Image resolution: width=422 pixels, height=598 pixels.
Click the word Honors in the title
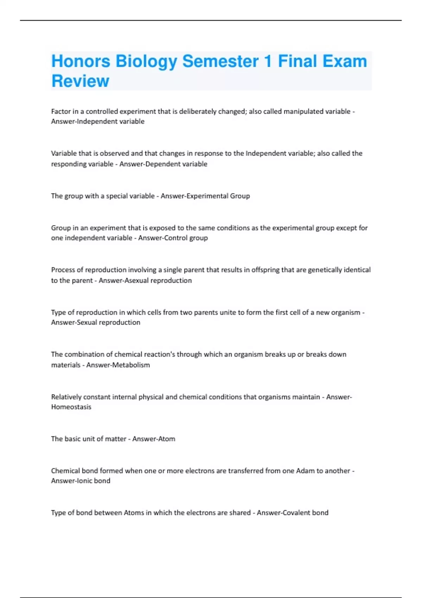click(81, 61)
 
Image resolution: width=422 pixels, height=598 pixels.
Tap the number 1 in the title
click(268, 61)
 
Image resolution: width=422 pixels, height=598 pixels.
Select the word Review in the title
click(80, 81)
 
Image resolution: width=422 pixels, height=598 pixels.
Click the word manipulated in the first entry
click(303, 112)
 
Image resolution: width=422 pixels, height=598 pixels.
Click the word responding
click(67, 164)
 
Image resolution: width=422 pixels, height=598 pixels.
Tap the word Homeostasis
click(71, 407)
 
